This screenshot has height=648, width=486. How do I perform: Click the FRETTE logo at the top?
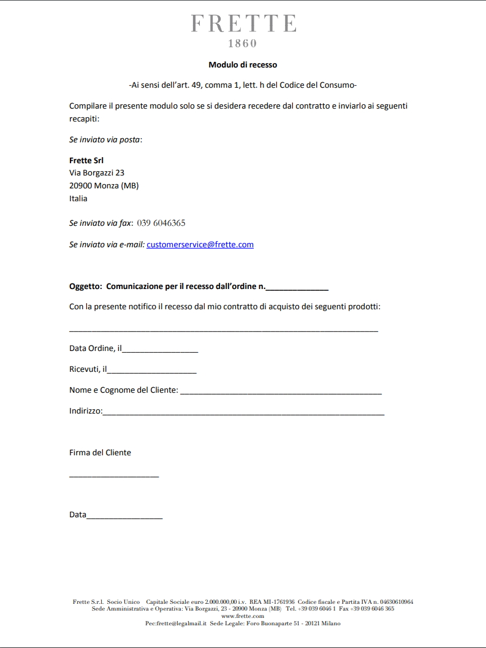243,23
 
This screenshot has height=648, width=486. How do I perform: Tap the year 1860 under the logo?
243,44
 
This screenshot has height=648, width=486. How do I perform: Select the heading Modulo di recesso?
243,64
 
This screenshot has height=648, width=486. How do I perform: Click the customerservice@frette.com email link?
200,244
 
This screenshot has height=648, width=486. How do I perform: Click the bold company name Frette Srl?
86,160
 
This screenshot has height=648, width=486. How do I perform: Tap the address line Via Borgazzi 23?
97,173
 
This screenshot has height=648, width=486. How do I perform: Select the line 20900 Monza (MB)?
104,185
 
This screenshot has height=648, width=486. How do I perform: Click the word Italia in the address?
78,198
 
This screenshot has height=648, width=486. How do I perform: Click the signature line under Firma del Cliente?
114,475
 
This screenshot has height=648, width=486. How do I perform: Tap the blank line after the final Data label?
124,516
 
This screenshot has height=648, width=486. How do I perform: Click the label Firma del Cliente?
100,453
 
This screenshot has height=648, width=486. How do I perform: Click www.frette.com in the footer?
243,616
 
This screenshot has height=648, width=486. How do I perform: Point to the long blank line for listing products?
224,330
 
